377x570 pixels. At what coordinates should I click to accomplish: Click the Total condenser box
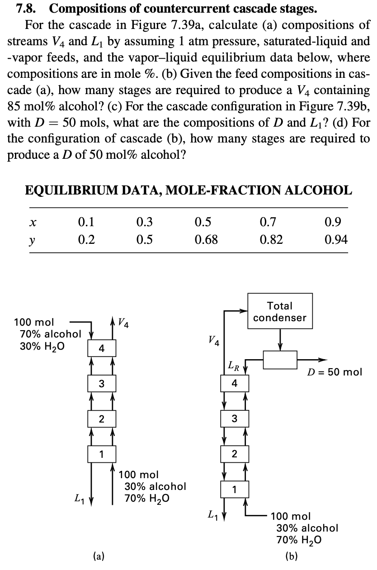coord(280,312)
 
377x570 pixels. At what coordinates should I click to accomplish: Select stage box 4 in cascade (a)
coord(102,349)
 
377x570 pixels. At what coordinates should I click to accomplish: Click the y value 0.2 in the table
coord(86,239)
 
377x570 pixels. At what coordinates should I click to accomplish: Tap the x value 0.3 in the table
coord(144,222)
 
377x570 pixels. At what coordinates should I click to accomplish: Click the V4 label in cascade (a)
coord(122,323)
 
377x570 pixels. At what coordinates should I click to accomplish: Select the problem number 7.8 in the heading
coord(26,8)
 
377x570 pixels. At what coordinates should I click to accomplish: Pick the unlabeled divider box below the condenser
coord(280,360)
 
